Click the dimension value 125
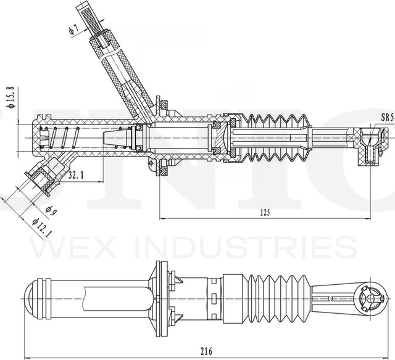pos(265,213)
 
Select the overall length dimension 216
pos(206,351)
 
